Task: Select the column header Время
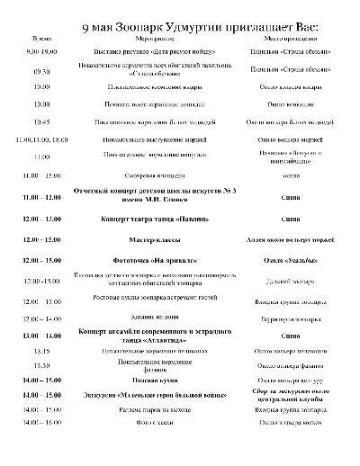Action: coord(41,41)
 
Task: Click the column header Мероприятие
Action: coord(149,41)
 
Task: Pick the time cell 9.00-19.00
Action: coord(42,53)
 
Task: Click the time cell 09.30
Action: coord(41,70)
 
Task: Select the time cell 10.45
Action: coord(41,121)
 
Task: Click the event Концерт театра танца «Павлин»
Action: coord(149,219)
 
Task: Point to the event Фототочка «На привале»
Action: coord(149,260)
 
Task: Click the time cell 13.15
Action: coord(41,350)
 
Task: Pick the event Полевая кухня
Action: coord(149,381)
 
